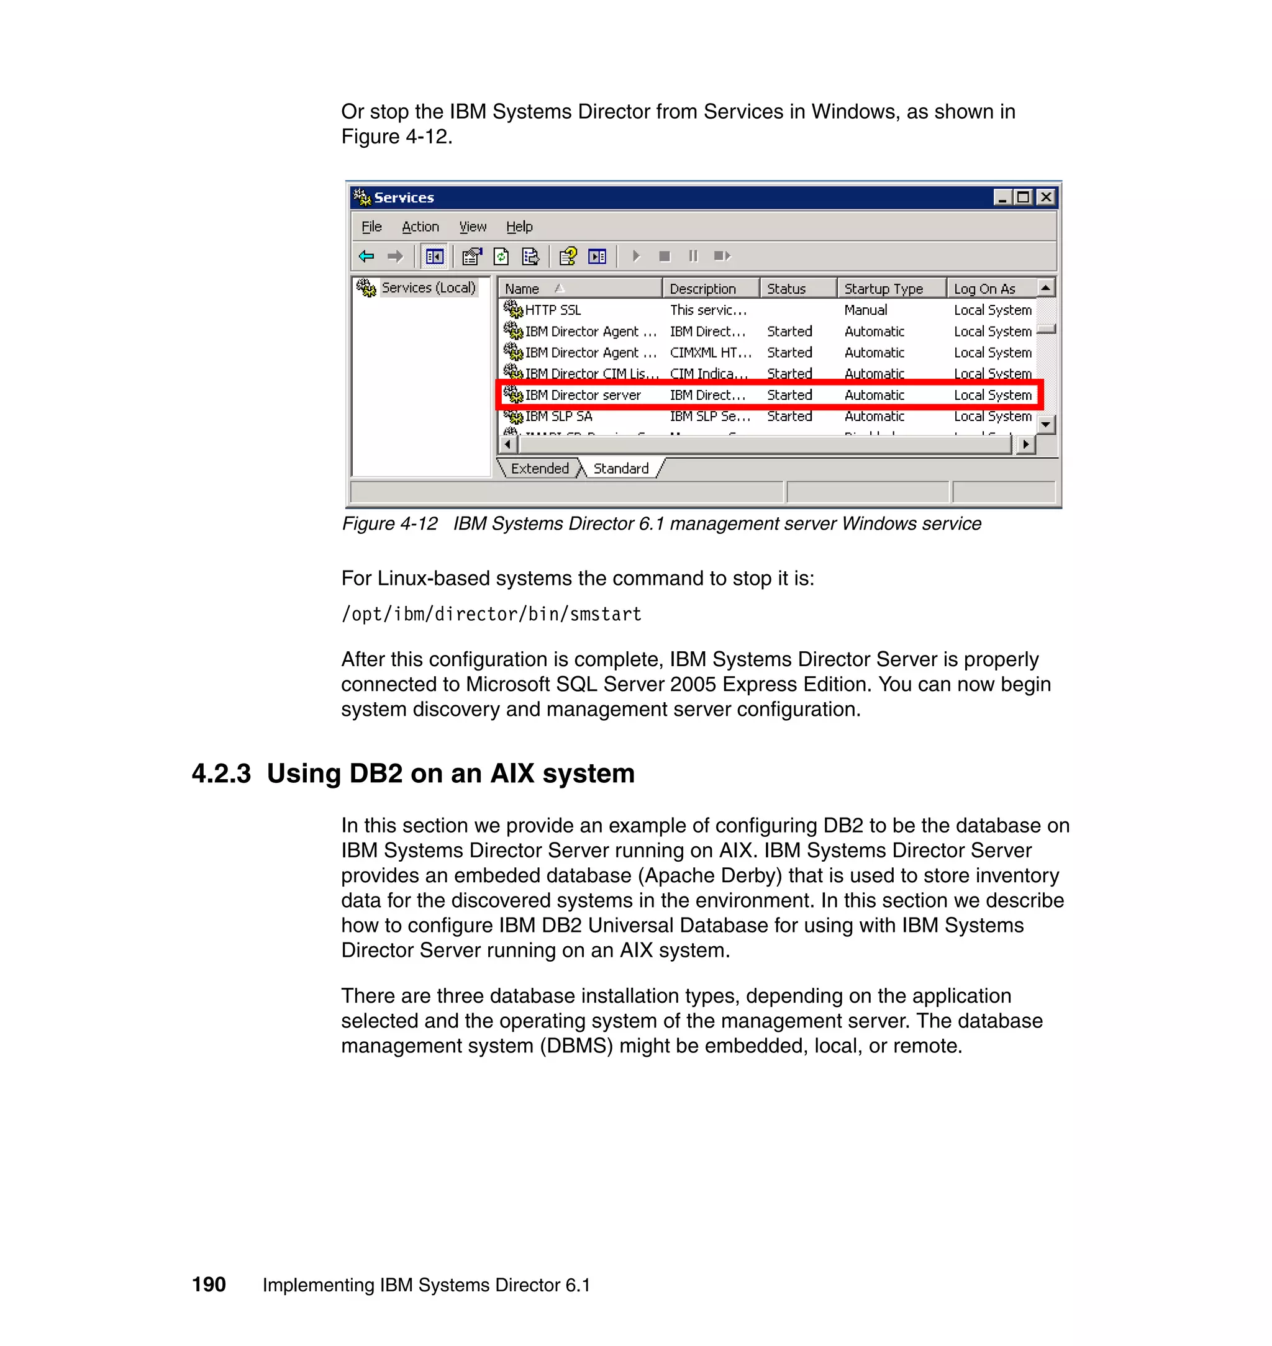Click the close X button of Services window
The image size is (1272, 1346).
[x=1046, y=197]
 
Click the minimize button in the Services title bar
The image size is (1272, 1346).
[x=1003, y=197]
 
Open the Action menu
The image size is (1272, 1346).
[x=420, y=227]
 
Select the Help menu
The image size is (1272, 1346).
[x=519, y=227]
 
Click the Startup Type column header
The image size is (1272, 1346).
[x=883, y=289]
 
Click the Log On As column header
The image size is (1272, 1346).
[x=984, y=289]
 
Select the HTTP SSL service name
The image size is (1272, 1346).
[x=553, y=310]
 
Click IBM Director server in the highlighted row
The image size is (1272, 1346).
[x=583, y=394]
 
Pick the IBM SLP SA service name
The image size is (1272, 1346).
[x=558, y=416]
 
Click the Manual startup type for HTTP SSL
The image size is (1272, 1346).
[x=865, y=310]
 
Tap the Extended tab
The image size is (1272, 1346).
[x=539, y=468]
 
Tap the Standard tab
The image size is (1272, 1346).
[x=620, y=468]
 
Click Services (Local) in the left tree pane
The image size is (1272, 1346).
[x=428, y=287]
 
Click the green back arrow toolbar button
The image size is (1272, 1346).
[x=366, y=256]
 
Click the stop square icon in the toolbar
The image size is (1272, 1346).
[x=665, y=256]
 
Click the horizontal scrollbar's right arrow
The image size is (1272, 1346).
[x=1026, y=445]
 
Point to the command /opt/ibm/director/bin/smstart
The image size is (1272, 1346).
[x=491, y=614]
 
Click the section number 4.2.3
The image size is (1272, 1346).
[x=221, y=774]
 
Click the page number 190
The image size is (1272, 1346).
[x=209, y=1285]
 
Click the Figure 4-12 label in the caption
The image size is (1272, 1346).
[x=389, y=523]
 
